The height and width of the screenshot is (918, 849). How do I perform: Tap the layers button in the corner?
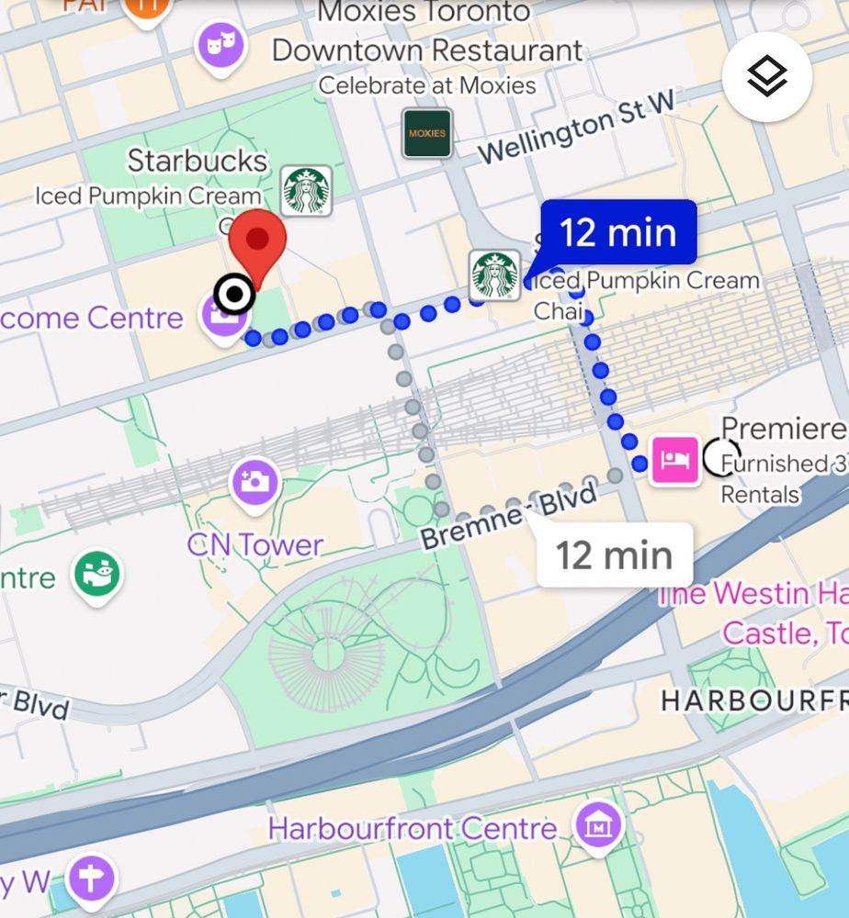766,78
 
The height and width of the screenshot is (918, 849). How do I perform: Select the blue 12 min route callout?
617,232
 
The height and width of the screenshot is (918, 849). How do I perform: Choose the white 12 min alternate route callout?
613,554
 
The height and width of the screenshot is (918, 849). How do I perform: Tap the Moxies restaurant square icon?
427,133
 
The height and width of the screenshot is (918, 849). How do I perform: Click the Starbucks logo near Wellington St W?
306,190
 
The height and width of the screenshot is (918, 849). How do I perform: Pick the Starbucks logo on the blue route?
494,274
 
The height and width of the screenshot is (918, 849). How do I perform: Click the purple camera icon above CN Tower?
255,479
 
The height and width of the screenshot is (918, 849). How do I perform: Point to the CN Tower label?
255,544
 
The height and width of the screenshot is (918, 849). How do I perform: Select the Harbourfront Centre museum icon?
598,827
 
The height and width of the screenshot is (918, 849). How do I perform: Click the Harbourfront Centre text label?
413,829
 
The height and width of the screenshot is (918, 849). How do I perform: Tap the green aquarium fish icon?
98,574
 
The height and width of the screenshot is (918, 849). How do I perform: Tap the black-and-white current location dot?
234,295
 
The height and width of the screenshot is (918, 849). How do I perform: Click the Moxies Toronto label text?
424,13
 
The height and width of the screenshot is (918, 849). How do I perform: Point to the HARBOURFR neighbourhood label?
753,700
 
